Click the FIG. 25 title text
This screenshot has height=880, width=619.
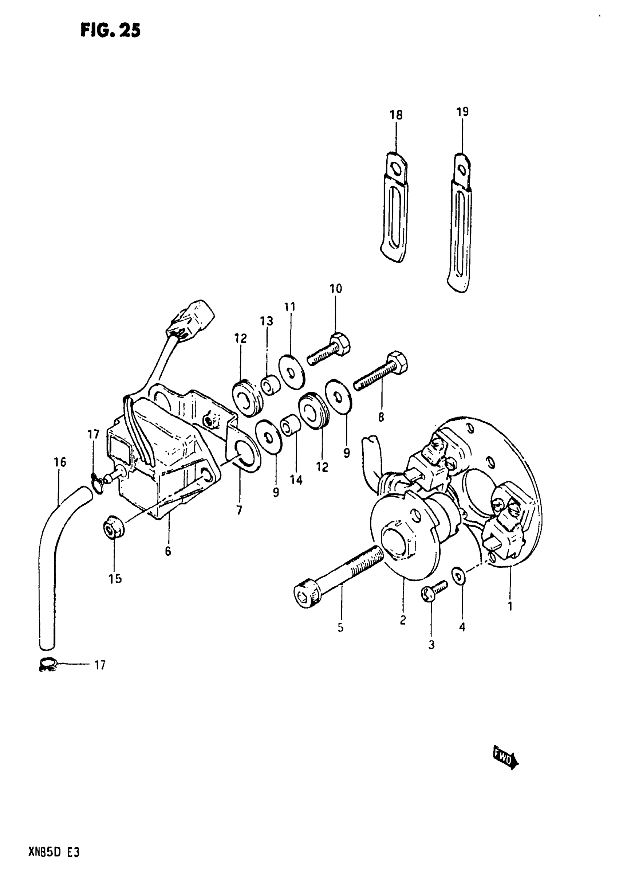[x=110, y=30]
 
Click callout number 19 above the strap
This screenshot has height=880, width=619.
[x=462, y=112]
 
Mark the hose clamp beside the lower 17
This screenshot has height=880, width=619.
[x=48, y=665]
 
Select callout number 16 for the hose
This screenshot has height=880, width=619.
[x=60, y=462]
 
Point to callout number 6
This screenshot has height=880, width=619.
[x=168, y=552]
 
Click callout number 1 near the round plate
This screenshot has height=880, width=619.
[x=510, y=607]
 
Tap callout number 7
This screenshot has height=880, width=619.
[x=239, y=510]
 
